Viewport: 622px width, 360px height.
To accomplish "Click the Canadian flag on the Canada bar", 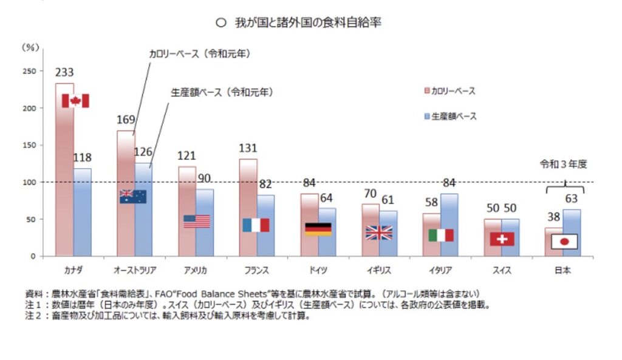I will point(75,101).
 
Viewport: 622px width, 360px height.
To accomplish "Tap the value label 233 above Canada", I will point(64,72).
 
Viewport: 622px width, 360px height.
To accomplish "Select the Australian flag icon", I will point(132,196).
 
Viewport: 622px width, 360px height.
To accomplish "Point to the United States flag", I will point(196,221).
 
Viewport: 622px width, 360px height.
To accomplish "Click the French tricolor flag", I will point(256,225).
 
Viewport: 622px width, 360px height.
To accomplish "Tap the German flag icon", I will point(318,229).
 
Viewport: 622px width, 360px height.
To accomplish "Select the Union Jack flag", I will point(379,232).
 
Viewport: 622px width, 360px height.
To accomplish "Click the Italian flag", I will point(441,235).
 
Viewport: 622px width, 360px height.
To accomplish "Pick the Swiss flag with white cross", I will point(502,239).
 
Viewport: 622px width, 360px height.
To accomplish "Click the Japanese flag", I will point(564,242).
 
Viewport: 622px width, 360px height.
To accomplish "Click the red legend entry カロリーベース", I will point(449,91).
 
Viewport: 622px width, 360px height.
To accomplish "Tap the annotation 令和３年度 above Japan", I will point(564,164).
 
